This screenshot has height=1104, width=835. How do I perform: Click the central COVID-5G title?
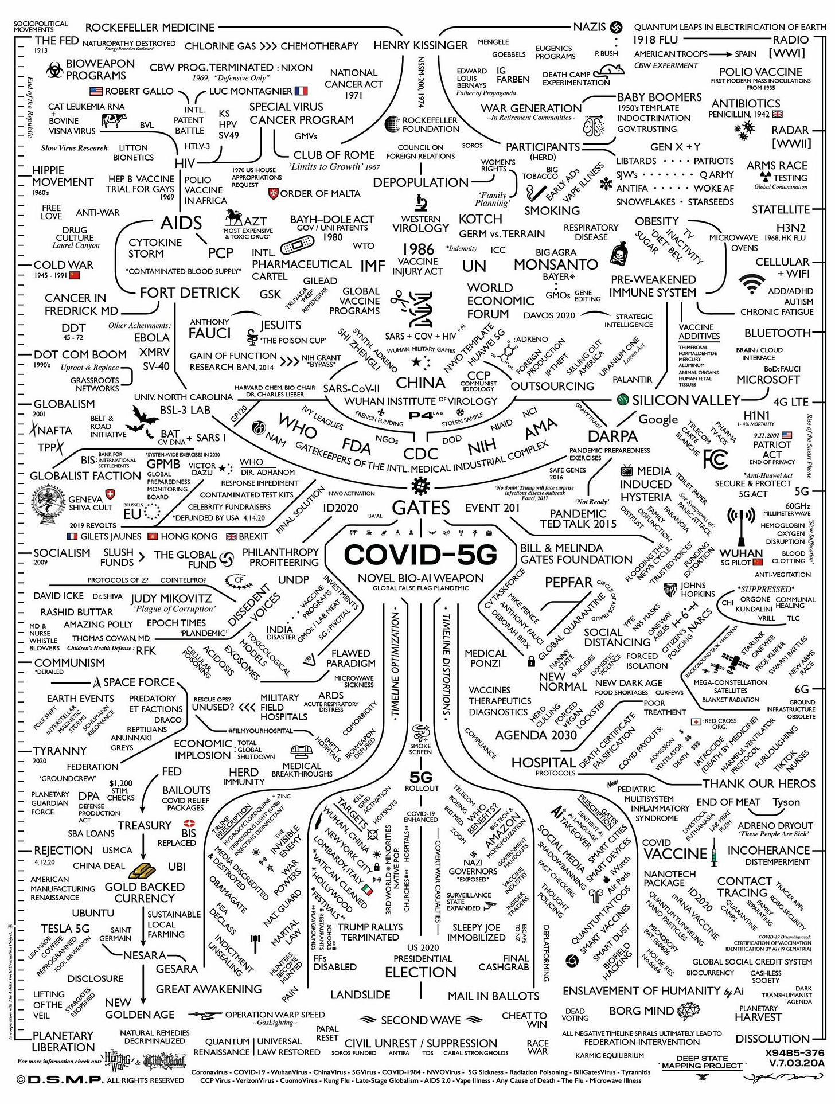pos(420,555)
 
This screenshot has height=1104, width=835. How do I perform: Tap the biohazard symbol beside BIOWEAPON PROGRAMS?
pos(56,70)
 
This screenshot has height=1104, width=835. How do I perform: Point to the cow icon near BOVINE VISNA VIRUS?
pos(114,120)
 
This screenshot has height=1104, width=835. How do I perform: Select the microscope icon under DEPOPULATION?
pos(420,202)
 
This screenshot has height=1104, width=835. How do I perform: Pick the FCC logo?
pos(715,459)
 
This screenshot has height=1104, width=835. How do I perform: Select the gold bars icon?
pos(143,871)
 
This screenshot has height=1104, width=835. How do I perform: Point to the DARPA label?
pos(612,436)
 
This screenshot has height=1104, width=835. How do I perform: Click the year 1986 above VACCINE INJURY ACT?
pos(418,249)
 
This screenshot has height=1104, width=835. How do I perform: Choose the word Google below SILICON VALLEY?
pos(658,419)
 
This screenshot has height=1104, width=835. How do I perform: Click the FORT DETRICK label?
pos(189,293)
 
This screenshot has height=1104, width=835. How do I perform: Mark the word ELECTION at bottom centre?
pos(420,972)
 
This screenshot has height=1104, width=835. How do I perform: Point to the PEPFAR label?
pos(568,583)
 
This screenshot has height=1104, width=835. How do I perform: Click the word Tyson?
pos(786,802)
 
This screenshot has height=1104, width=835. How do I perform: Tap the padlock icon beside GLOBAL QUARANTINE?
pos(531,661)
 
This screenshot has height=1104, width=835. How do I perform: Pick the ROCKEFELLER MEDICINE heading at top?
pos(150,28)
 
